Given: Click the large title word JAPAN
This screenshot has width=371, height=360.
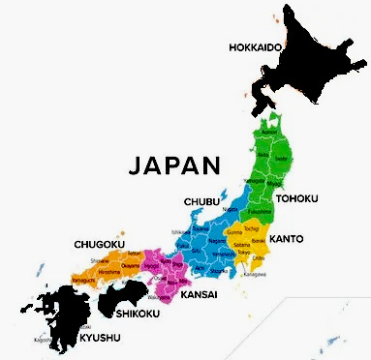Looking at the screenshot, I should click(x=175, y=164).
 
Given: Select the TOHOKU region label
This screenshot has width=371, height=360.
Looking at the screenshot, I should click(x=296, y=198).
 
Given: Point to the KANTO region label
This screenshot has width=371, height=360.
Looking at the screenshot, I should click(x=287, y=238).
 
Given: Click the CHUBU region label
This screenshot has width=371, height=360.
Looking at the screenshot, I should click(x=201, y=201).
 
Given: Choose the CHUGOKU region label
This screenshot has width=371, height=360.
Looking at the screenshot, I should click(x=99, y=245).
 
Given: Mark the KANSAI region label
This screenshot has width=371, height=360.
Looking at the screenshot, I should click(x=198, y=293).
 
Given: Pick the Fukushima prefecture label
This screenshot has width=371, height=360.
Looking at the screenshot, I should click(x=260, y=210).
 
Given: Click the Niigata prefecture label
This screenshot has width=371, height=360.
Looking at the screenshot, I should click(x=230, y=209).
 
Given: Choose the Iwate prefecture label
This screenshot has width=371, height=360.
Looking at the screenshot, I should click(x=282, y=155).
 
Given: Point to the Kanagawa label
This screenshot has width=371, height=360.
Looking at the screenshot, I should click(x=257, y=274).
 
